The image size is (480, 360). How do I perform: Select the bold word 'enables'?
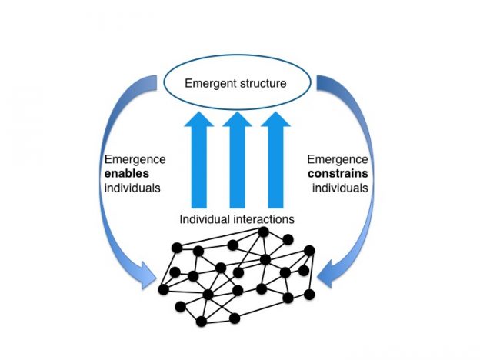(127, 174)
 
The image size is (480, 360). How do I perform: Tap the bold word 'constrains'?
(338, 174)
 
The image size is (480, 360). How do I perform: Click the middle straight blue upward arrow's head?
(237, 119)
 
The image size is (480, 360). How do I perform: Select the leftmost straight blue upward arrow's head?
(199, 119)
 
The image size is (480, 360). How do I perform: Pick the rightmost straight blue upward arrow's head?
(275, 119)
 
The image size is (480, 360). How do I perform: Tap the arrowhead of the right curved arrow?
(326, 275)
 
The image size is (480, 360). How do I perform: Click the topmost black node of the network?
(264, 232)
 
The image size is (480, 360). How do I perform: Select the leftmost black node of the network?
(164, 289)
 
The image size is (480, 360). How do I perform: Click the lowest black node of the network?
(201, 322)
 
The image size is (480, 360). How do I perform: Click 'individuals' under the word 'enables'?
(132, 188)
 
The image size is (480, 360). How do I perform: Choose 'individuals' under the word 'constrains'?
(340, 188)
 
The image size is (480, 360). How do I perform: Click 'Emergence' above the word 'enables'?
(135, 159)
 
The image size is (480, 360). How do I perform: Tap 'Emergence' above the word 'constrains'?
(338, 159)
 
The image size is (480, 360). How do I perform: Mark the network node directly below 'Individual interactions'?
(232, 245)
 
